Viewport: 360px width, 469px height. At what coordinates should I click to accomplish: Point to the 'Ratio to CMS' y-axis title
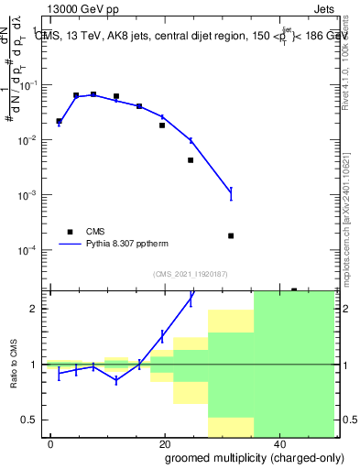click(x=14, y=364)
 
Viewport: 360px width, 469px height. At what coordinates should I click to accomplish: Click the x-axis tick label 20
click(x=164, y=443)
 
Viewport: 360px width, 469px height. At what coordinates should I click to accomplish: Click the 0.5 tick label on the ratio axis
click(x=33, y=420)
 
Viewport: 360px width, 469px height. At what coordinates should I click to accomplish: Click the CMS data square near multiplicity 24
click(x=191, y=160)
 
